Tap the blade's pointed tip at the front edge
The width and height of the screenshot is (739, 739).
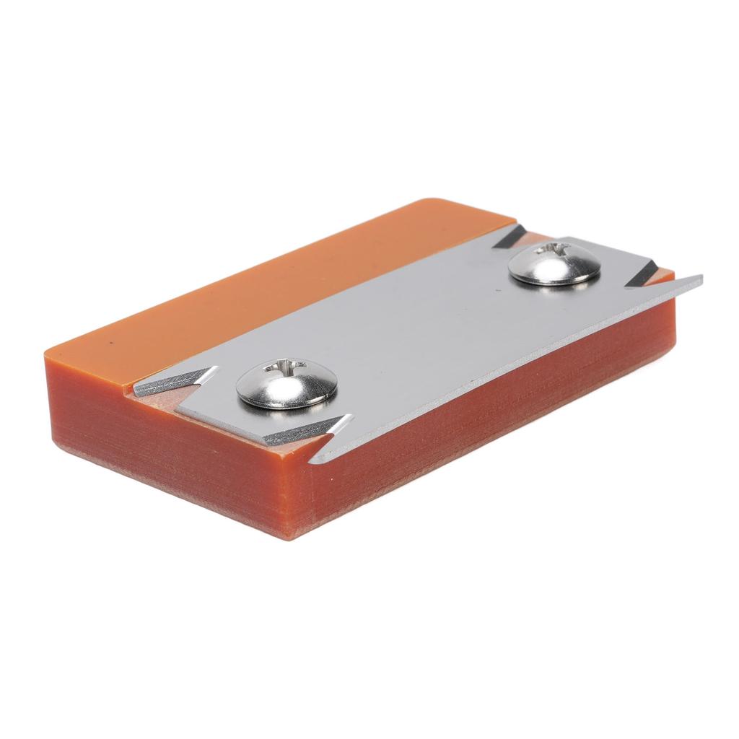tap(312, 460)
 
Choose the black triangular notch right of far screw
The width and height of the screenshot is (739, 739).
tap(641, 275)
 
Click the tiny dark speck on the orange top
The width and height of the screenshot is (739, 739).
tap(110, 341)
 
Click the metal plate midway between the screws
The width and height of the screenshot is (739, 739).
tap(419, 325)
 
